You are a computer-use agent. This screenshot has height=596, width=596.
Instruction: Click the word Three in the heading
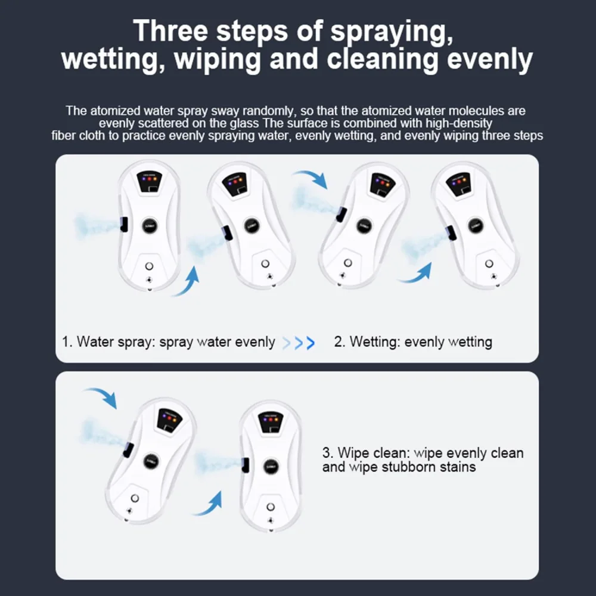point(170,31)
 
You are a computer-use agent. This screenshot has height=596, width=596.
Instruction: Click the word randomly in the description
point(268,111)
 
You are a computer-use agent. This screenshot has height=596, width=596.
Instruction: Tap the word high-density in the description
point(459,123)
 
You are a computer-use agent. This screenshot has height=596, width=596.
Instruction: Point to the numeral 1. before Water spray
point(67,342)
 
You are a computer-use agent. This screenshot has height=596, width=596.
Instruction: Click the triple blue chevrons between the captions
point(299,343)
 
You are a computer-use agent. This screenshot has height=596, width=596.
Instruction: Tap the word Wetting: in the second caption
point(375,342)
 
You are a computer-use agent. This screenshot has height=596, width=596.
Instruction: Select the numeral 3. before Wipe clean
point(328,453)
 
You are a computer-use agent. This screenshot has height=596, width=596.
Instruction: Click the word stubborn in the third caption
point(407,467)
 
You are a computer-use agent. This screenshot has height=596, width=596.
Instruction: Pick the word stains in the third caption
point(456,467)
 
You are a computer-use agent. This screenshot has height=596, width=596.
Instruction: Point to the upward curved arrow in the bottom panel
point(210,504)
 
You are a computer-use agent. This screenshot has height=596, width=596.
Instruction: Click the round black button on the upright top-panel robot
point(150,226)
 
